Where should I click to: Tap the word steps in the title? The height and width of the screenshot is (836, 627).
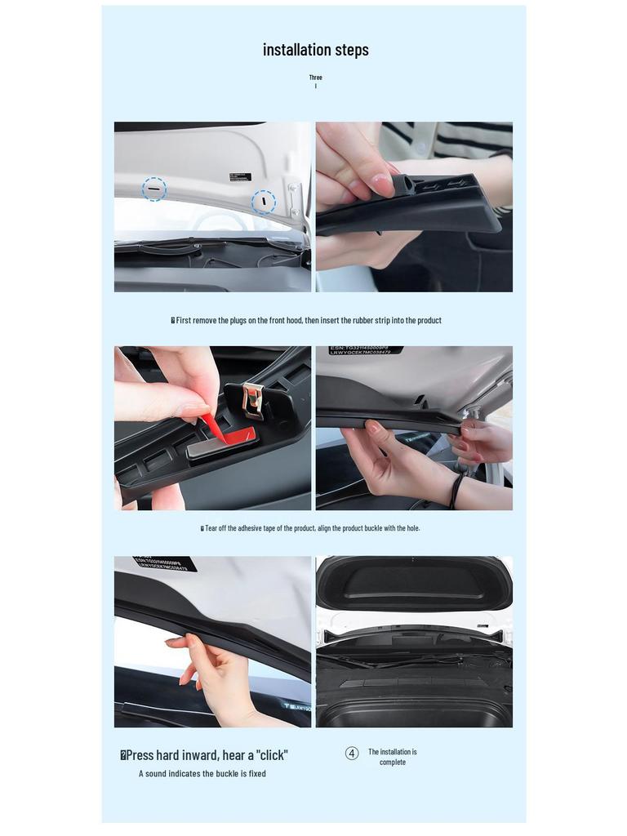click(x=352, y=50)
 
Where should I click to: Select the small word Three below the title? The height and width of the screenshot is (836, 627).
click(x=315, y=78)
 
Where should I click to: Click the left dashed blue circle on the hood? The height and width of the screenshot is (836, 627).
click(x=154, y=189)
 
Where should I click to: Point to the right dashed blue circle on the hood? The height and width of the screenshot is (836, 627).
click(x=263, y=202)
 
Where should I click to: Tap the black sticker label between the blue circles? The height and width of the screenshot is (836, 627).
click(x=240, y=177)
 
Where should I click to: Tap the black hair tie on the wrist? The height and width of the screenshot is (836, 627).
click(x=456, y=491)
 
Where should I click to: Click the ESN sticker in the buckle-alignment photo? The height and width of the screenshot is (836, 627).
click(x=365, y=350)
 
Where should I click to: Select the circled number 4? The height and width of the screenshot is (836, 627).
click(x=352, y=754)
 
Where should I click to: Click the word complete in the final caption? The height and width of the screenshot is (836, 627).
click(x=393, y=763)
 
